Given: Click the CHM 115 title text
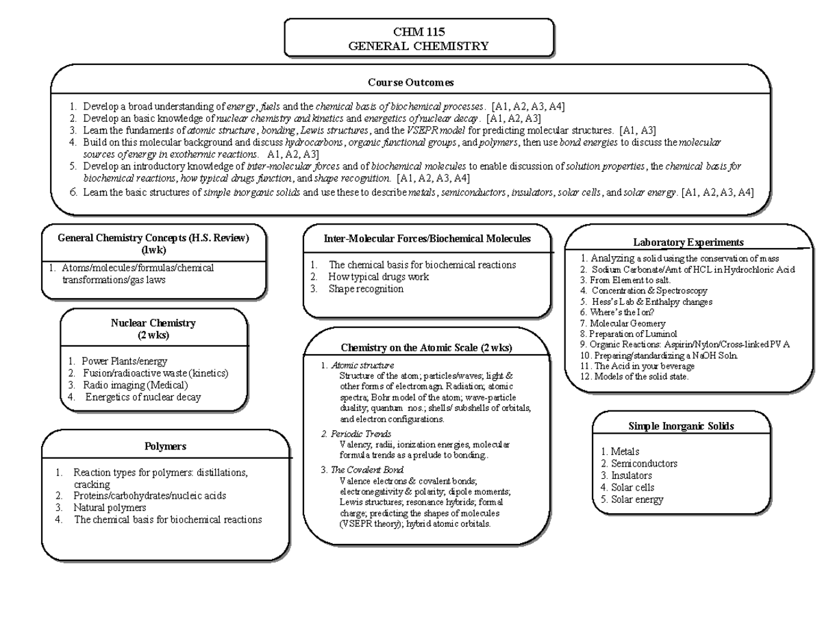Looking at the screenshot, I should tap(419, 32).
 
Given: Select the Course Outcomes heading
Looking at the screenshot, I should tap(410, 83).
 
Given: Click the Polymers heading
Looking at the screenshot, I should tap(165, 446).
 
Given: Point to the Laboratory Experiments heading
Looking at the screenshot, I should tap(688, 242).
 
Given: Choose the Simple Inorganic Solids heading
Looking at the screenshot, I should tap(681, 426).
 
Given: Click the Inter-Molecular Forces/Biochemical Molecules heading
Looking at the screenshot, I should tap(427, 238).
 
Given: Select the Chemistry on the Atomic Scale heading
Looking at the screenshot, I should tap(426, 348).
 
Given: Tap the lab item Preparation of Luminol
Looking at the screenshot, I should tap(623, 334).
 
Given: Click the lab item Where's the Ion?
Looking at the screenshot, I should tap(616, 312).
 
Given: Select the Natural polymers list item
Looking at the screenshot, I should tap(109, 508).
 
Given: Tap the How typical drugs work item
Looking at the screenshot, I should tap(378, 277).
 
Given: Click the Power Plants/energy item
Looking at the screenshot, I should tap(124, 361).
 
